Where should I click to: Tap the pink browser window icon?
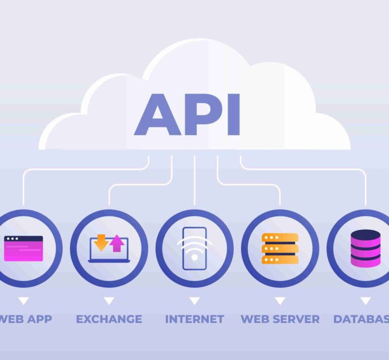[x=23, y=248]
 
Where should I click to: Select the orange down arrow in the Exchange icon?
[x=101, y=243]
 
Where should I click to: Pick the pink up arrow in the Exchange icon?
[x=117, y=244]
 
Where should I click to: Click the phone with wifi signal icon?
[x=194, y=248]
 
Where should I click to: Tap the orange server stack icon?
[x=280, y=248]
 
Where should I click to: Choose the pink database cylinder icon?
[x=365, y=248]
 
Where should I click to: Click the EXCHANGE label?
[x=109, y=319]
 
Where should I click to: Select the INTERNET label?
[x=194, y=319]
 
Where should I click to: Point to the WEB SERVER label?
[x=280, y=319]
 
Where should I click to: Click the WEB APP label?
[x=25, y=319]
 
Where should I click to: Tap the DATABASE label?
[x=361, y=319]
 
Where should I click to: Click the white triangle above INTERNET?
[x=194, y=301]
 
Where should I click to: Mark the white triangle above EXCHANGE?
[x=109, y=301]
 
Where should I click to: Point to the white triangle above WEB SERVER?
[x=280, y=301]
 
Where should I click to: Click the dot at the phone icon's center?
[x=194, y=257]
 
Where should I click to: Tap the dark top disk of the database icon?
[x=365, y=235]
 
